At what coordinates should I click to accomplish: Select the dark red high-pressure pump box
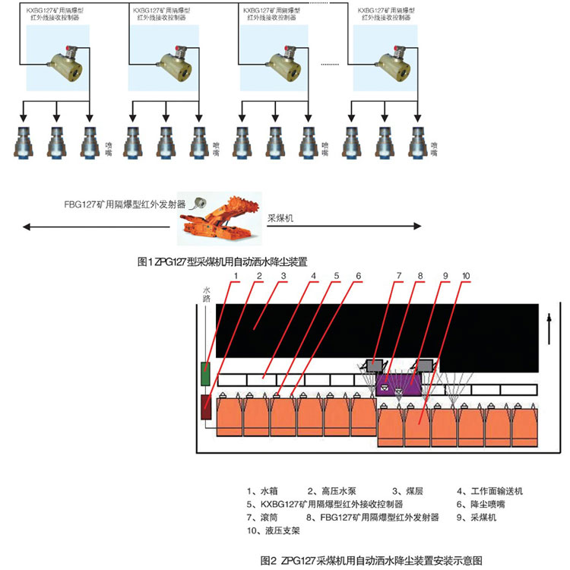tap(207, 407)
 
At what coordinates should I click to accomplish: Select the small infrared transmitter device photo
tap(199, 202)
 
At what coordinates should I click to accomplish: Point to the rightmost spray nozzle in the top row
tap(417, 142)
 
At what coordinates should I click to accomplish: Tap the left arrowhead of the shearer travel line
tap(25, 226)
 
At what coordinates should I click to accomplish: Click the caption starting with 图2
tap(371, 562)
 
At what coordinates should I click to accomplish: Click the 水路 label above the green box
tap(206, 293)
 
